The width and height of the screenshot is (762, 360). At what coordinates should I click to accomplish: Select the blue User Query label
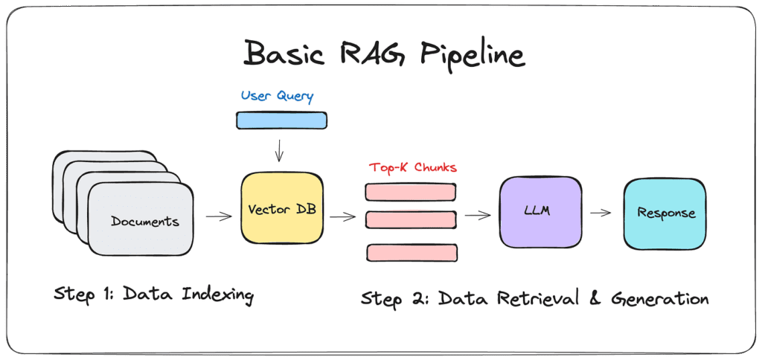pos(277,96)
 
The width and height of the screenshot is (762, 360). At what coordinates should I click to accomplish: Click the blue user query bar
pos(281,120)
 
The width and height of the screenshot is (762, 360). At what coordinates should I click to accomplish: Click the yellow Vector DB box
pos(282,208)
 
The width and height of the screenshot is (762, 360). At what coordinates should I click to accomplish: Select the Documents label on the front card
pos(145,221)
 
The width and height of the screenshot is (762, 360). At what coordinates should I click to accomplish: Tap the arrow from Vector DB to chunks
pos(342,217)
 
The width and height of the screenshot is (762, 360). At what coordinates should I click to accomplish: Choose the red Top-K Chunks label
pos(412,167)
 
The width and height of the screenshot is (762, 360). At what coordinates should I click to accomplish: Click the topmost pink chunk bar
pos(410,191)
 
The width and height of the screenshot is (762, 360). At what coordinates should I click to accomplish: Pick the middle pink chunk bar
pos(410,219)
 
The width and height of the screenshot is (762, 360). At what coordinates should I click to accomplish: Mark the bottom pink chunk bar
pos(412,252)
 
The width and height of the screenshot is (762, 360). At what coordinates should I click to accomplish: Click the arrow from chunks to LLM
pos(478,216)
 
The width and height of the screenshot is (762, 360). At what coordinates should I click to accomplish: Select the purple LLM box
pos(540,212)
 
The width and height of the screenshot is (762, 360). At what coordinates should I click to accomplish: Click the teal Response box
pos(665,213)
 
